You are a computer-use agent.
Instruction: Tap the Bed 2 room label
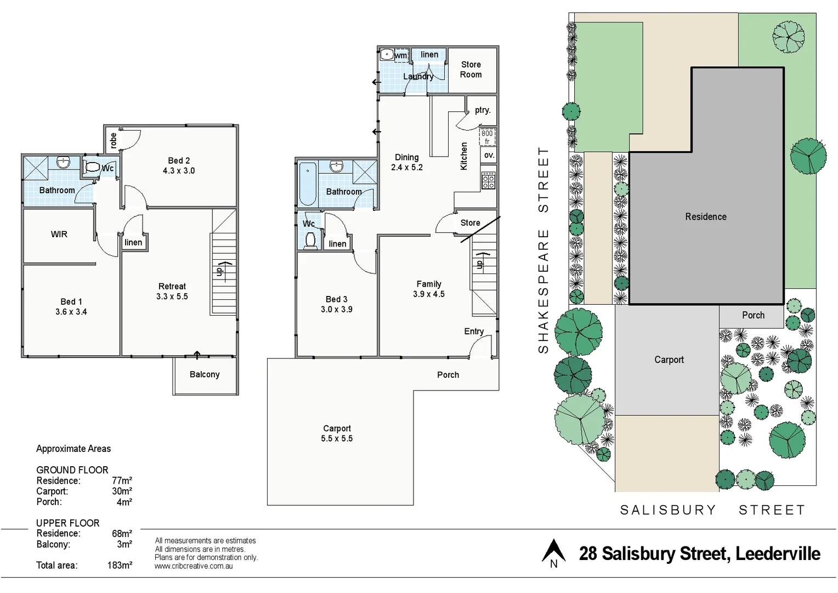click(179, 161)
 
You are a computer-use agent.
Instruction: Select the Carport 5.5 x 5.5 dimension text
click(337, 439)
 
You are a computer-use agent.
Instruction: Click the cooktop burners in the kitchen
click(488, 181)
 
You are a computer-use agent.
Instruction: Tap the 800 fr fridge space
click(487, 137)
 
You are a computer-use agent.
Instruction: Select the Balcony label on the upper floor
click(205, 374)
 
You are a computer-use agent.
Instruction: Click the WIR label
click(59, 234)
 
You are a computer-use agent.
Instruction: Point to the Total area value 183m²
click(120, 565)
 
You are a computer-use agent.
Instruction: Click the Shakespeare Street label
click(543, 250)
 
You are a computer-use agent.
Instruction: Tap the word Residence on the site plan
click(705, 217)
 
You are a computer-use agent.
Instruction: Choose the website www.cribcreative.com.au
click(194, 566)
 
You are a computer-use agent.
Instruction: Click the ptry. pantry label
click(483, 110)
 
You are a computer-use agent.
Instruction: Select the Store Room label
click(471, 70)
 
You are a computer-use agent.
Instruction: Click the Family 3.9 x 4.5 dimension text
click(429, 294)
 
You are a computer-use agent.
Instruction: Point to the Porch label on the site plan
click(753, 315)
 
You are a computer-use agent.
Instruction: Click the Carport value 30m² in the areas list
click(122, 491)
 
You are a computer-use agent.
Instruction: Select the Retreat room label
click(172, 287)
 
